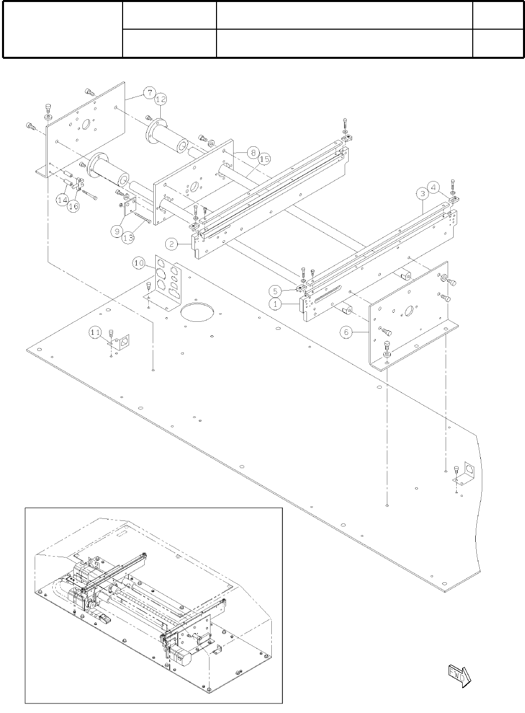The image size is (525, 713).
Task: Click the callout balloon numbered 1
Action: (x=275, y=304)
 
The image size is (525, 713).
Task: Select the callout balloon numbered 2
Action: (x=172, y=244)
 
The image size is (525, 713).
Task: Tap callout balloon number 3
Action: (x=423, y=193)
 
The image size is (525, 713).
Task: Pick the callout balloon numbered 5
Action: (x=275, y=291)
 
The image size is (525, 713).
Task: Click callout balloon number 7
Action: (x=148, y=93)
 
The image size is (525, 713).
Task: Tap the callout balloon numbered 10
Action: (x=139, y=262)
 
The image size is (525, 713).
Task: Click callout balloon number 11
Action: (x=95, y=332)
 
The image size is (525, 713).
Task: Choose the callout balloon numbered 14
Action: (x=62, y=200)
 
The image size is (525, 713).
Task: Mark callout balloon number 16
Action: (x=73, y=206)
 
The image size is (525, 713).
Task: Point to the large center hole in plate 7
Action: (x=84, y=124)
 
